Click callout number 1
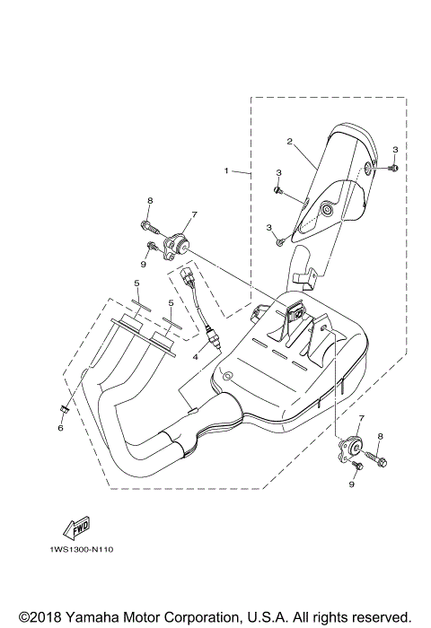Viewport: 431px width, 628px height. click(x=227, y=170)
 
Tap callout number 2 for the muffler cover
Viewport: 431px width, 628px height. click(x=290, y=142)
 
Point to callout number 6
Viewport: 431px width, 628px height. click(x=60, y=429)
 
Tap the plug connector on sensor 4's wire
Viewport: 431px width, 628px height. click(x=187, y=275)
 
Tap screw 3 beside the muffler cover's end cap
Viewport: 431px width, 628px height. click(x=392, y=167)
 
